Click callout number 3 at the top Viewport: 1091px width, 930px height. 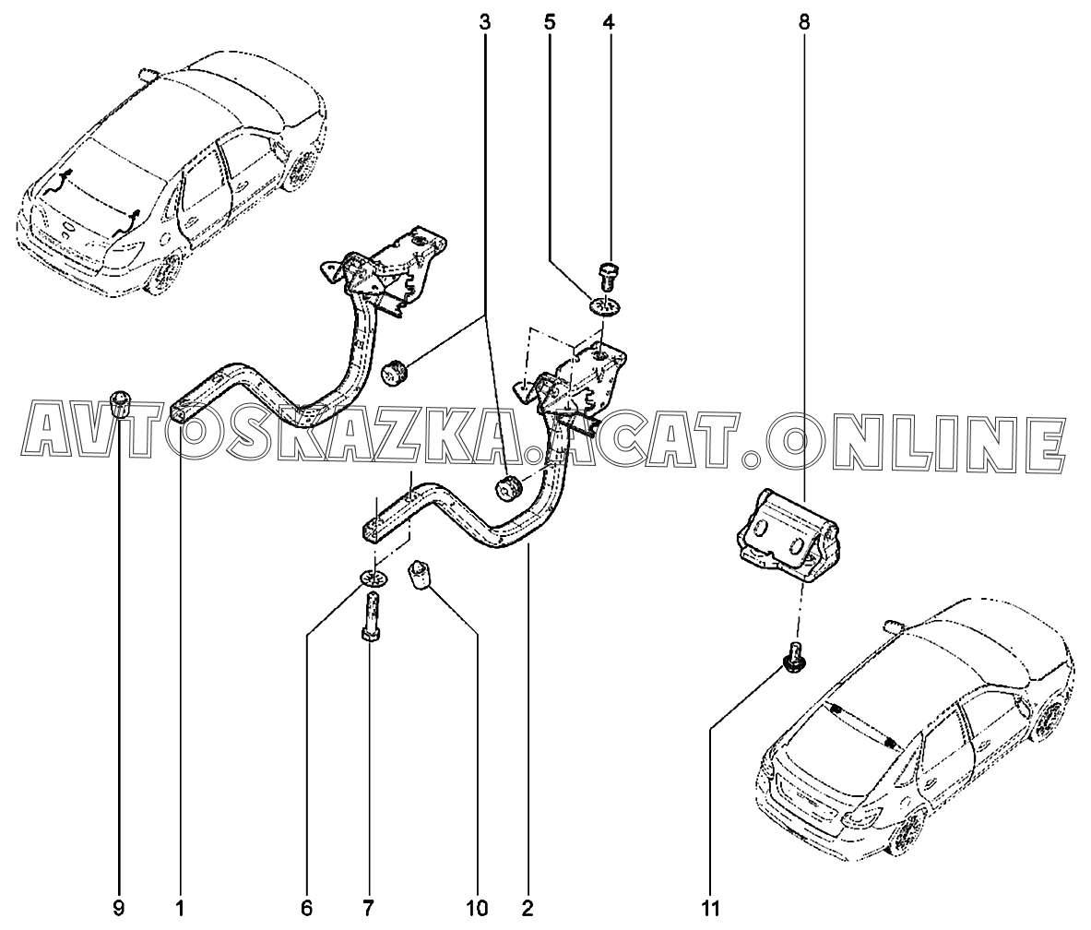[484, 21]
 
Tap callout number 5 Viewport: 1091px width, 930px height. [550, 21]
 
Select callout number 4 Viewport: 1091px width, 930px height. [608, 21]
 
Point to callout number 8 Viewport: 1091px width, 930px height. [804, 21]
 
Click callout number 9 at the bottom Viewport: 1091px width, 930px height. [118, 909]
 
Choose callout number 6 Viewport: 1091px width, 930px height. [305, 909]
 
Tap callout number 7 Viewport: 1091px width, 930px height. [369, 909]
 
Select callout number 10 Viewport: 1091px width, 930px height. [477, 909]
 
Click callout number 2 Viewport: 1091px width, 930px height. [528, 909]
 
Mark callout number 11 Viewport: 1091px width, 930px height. [710, 909]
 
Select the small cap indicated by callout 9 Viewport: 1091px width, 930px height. [120, 403]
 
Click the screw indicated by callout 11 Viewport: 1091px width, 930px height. [790, 658]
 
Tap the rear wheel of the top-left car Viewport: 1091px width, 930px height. [166, 271]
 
